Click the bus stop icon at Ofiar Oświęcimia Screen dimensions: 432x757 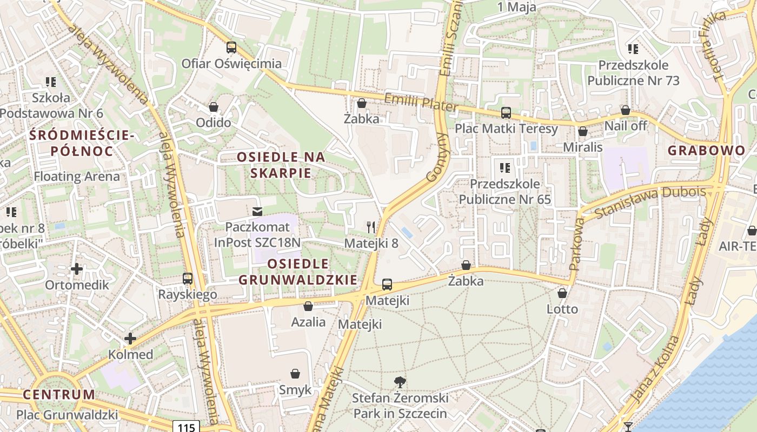point(231,48)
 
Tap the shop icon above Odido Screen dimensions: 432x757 point(214,107)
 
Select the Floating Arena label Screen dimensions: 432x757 point(77,177)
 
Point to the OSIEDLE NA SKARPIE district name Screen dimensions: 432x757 point(281,165)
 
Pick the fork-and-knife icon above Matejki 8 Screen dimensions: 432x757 point(371,227)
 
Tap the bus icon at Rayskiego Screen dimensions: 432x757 point(188,279)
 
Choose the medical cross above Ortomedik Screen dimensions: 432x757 point(77,268)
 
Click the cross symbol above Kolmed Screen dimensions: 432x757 point(130,339)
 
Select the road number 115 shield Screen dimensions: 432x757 point(186,427)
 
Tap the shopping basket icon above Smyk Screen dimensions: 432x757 point(295,374)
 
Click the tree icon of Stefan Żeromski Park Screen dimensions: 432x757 point(400,382)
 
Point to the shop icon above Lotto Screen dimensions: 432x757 point(562,293)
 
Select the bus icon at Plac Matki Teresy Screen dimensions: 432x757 point(506,113)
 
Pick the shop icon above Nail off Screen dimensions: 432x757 point(626,110)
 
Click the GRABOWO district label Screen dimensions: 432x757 point(707,151)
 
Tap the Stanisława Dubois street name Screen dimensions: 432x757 point(650,202)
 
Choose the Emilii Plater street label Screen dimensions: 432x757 point(421,102)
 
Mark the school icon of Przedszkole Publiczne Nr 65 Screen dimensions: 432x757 point(505,168)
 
